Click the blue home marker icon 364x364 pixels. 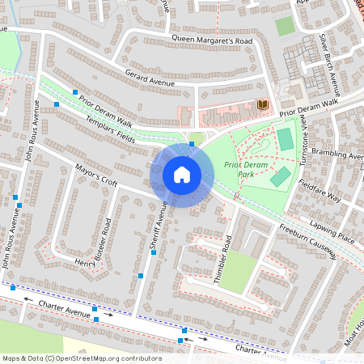[182, 174]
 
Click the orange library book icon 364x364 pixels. [262, 105]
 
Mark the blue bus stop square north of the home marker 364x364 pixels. [192, 144]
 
